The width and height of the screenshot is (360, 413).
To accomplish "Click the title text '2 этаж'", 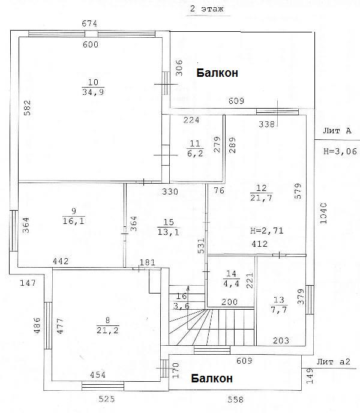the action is [x=207, y=9].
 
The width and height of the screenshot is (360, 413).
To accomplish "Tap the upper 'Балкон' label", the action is [x=217, y=73].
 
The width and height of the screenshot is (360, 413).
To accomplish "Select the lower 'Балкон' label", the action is [x=212, y=378].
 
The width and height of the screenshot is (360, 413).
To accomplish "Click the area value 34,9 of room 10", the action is [x=93, y=92].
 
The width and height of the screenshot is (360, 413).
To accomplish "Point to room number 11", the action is [x=195, y=143].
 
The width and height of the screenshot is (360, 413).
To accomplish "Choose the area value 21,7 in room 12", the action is [x=261, y=198].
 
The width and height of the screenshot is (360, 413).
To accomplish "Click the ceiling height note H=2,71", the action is [x=267, y=231].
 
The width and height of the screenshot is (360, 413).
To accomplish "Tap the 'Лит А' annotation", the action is [x=337, y=131].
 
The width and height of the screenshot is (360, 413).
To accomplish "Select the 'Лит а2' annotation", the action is [x=334, y=361].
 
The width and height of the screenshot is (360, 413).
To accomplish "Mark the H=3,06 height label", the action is [x=340, y=151].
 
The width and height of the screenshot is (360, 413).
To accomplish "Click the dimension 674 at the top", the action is [x=89, y=23].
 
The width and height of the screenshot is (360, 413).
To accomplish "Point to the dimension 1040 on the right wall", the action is [x=323, y=213].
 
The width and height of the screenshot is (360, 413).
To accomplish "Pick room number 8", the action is [x=107, y=321].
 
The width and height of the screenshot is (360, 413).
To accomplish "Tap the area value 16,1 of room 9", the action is [x=74, y=221].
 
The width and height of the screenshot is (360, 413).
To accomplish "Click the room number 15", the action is [x=169, y=222].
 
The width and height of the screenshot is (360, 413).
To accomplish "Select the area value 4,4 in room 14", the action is [x=231, y=284].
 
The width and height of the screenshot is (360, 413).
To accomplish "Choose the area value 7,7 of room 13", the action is [x=279, y=310].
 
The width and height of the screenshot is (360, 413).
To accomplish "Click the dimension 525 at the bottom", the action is [x=107, y=399].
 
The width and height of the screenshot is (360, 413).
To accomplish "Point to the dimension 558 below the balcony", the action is [x=235, y=400].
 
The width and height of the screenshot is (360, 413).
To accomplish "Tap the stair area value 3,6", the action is [x=181, y=306].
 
